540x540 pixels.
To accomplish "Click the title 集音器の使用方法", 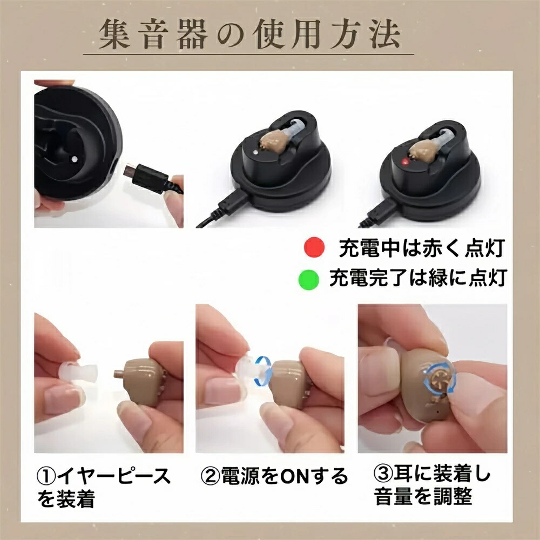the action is (250, 35).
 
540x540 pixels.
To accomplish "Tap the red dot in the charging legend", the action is (314, 247).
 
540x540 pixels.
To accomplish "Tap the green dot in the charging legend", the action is (308, 279).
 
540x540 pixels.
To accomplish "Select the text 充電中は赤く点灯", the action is (422, 248).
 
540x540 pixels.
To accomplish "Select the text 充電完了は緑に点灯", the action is (418, 278).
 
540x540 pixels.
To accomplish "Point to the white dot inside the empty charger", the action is (75, 159).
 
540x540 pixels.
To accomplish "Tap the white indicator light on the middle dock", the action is (255, 152).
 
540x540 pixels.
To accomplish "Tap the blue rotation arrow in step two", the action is (263, 370).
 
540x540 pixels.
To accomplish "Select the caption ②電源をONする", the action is (274, 476).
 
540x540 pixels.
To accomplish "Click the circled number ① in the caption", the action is (46, 476).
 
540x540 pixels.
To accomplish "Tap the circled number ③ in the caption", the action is (383, 474).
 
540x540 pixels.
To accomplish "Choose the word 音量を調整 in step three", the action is (423, 496).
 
